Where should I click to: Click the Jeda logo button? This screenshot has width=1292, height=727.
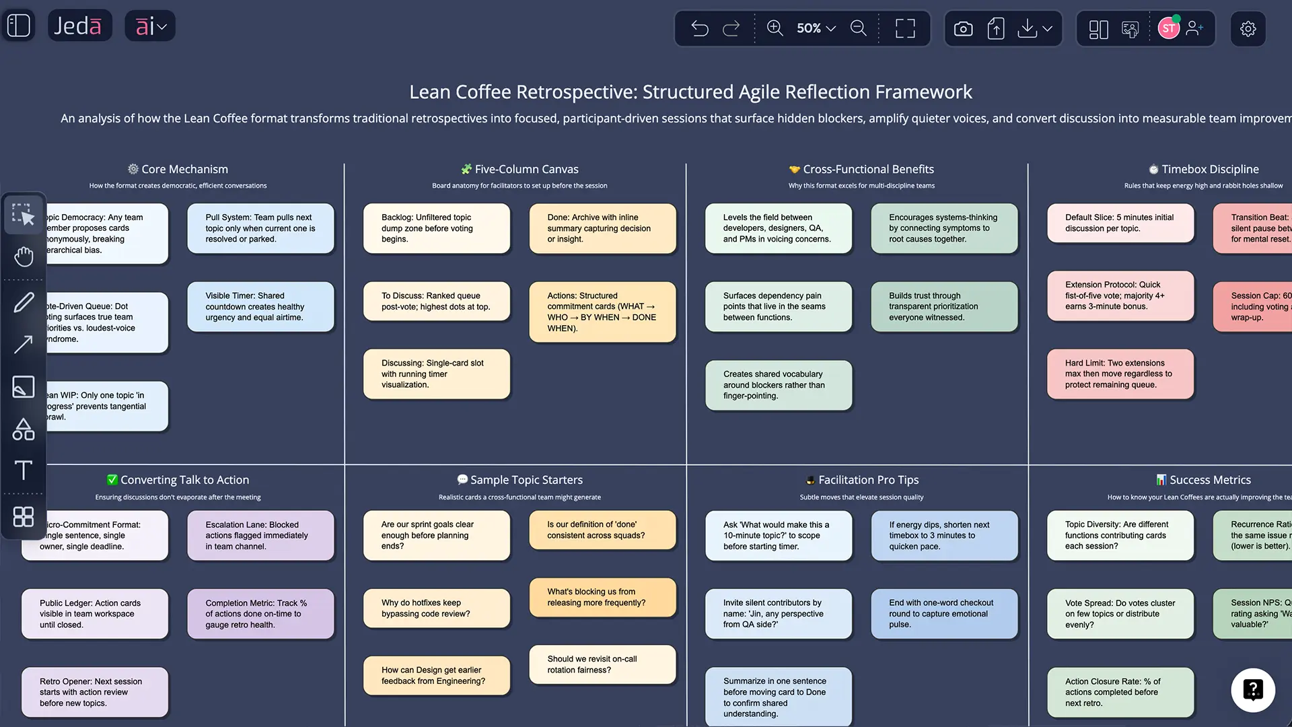click(x=79, y=26)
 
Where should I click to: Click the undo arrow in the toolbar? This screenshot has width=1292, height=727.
click(x=700, y=28)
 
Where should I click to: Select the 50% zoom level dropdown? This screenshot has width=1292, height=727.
click(x=816, y=28)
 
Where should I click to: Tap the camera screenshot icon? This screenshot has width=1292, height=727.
click(x=963, y=28)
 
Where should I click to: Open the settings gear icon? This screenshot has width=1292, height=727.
click(x=1248, y=28)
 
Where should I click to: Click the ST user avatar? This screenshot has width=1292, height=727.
click(x=1168, y=28)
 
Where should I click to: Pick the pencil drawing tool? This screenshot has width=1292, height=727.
click(x=24, y=302)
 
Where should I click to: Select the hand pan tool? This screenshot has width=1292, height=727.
click(x=24, y=256)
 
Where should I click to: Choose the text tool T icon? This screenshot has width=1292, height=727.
click(x=24, y=470)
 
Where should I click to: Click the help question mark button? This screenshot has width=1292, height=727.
click(x=1252, y=690)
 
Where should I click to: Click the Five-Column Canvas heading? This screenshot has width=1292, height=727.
click(x=526, y=169)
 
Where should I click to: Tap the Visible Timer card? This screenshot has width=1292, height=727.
click(x=260, y=306)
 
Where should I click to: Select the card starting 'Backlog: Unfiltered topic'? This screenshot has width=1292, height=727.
click(x=436, y=228)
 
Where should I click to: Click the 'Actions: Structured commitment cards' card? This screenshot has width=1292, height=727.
click(x=602, y=312)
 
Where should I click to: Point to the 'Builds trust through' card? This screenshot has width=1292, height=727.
click(x=943, y=306)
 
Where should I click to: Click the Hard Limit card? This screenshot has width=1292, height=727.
click(x=1120, y=374)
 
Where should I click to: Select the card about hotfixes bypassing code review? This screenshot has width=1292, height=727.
click(x=436, y=608)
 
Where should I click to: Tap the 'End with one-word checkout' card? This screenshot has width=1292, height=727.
click(x=943, y=613)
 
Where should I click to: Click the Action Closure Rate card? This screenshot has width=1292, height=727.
click(x=1120, y=692)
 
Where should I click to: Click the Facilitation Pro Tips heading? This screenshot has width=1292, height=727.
click(x=868, y=480)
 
